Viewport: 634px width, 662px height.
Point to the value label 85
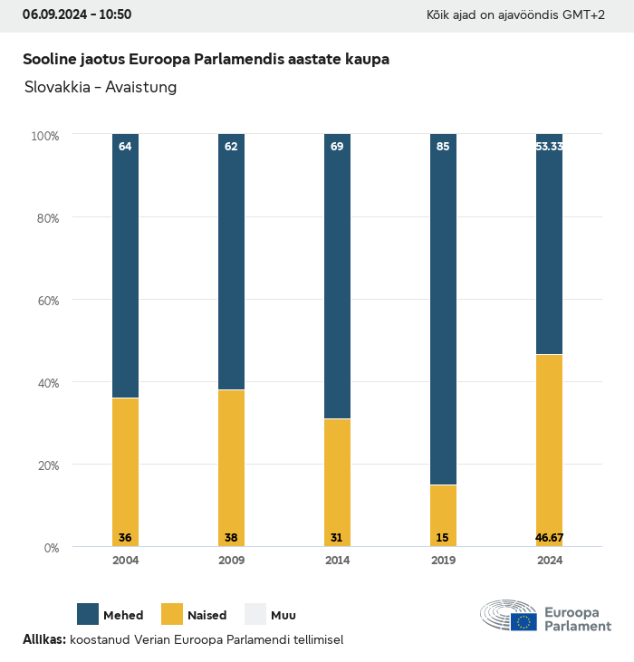click(443, 146)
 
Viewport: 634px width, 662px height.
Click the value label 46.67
click(549, 538)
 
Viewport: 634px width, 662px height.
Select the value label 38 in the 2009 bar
click(231, 538)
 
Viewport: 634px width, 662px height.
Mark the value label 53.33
click(549, 146)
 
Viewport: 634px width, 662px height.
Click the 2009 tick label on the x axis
click(231, 561)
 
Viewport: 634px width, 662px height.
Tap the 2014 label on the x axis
click(337, 561)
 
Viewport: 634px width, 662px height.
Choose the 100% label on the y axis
click(44, 136)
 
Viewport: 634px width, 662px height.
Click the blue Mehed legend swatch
click(88, 614)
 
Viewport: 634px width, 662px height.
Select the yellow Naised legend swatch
click(172, 614)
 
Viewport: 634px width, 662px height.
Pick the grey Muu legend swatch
click(255, 614)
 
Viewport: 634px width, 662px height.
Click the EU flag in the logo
click(524, 621)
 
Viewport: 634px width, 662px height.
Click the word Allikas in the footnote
click(43, 639)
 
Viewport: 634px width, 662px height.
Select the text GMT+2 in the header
click(584, 15)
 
